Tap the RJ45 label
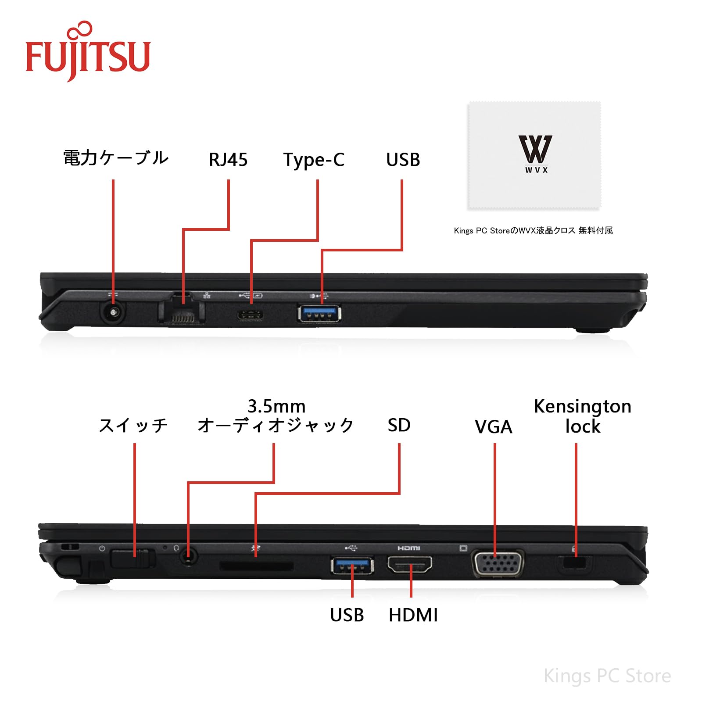tap(228, 160)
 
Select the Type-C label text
tap(314, 160)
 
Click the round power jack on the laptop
tap(113, 313)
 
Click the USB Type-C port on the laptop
tap(251, 315)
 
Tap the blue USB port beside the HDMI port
tap(352, 566)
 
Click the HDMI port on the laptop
tap(409, 564)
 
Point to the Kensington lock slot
tap(574, 563)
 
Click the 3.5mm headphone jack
tap(189, 557)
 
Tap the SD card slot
tap(256, 566)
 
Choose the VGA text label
tap(493, 427)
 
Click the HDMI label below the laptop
tap(413, 615)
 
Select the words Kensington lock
tap(582, 416)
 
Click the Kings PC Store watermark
tap(607, 676)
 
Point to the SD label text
tap(399, 425)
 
